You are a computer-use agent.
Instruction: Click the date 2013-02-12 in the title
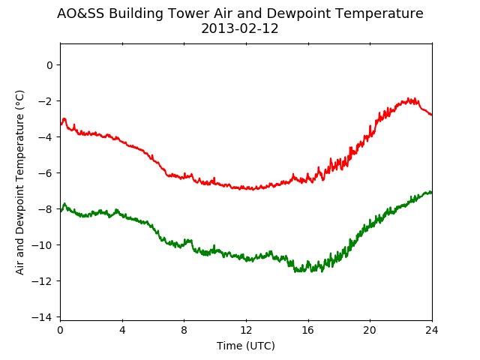tap(240, 28)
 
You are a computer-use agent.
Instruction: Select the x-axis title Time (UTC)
tap(246, 346)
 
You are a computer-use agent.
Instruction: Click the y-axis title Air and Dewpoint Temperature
tap(19, 182)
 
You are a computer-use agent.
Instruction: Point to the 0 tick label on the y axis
tap(49, 65)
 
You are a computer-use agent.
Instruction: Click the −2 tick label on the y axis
tap(45, 101)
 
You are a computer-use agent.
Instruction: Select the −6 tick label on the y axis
tap(45, 173)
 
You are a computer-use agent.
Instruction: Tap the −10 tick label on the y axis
tap(42, 245)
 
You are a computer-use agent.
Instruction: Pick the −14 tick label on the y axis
tap(42, 316)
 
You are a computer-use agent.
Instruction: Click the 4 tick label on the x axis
tap(122, 330)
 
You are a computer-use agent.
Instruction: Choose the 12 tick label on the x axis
tap(246, 330)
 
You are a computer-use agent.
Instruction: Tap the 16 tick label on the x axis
tap(308, 330)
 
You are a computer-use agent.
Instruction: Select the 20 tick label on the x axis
tap(370, 330)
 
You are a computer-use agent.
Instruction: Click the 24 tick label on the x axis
tap(432, 330)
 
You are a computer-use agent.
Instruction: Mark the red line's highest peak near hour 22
tap(408, 98)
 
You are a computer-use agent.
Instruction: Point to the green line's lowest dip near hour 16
tap(322, 271)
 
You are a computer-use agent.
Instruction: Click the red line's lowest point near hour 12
tap(253, 190)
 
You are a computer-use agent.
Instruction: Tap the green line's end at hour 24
tap(432, 192)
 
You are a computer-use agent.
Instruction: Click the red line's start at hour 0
tap(61, 124)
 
